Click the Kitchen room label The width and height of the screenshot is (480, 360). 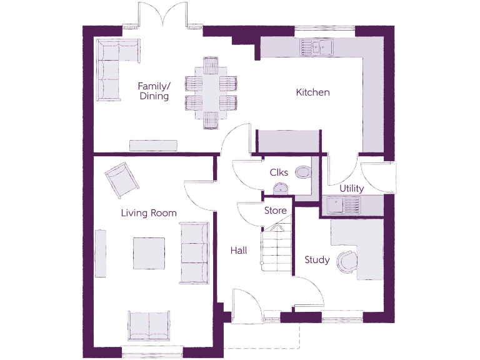(312, 92)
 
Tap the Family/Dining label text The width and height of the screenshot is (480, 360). (153, 91)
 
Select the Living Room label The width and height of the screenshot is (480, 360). (149, 213)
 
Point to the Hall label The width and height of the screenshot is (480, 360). (238, 251)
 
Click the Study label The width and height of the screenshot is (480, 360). (317, 259)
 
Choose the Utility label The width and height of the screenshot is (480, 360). (352, 188)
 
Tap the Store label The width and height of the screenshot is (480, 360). (275, 211)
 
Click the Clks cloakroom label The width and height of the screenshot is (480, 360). (278, 172)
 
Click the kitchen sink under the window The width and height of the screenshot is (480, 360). (317, 45)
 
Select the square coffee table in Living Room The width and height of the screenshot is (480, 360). (149, 253)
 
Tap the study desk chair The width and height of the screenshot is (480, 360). (346, 261)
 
